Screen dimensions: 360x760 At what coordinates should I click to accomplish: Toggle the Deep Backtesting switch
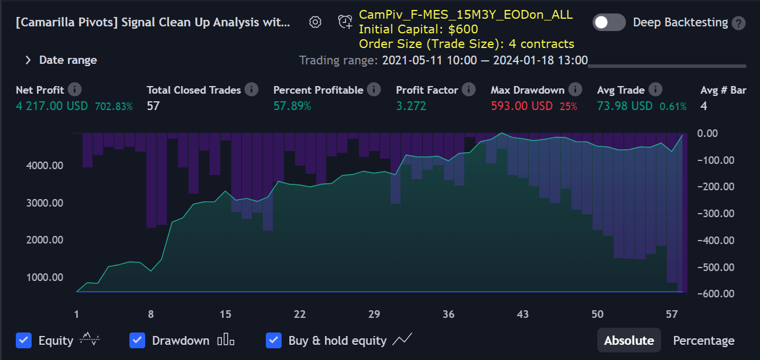coord(609,23)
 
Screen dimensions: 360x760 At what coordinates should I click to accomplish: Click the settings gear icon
coord(315,22)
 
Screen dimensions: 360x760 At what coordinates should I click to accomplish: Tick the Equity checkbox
coord(24,340)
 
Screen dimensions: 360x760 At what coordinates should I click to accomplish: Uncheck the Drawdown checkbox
coord(138,340)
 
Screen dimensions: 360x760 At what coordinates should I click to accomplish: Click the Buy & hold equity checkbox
coord(274,340)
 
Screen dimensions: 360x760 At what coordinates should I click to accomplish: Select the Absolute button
coord(629,340)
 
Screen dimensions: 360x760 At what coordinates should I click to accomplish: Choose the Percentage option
coord(703,340)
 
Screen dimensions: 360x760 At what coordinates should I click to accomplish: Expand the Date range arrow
coord(28,60)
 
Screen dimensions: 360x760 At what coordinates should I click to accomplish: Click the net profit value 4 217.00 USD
coord(52,106)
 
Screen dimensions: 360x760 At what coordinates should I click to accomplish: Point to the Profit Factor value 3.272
coord(411,106)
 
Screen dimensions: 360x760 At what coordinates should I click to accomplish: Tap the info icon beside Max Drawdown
coord(576,90)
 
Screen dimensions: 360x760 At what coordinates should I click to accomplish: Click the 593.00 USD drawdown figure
coord(522,106)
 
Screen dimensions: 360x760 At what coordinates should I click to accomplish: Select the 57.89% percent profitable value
coord(292,106)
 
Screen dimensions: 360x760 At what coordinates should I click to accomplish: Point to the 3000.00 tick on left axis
coord(44,203)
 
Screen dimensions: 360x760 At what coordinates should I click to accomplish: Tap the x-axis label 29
coord(374,314)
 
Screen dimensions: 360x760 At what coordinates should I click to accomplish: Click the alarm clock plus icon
coord(345,22)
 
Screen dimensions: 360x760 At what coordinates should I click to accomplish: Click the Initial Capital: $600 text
coord(418,29)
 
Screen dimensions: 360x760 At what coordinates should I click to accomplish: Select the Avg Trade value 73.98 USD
coord(624,106)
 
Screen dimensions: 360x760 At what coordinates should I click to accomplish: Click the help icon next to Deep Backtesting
coord(740,23)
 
